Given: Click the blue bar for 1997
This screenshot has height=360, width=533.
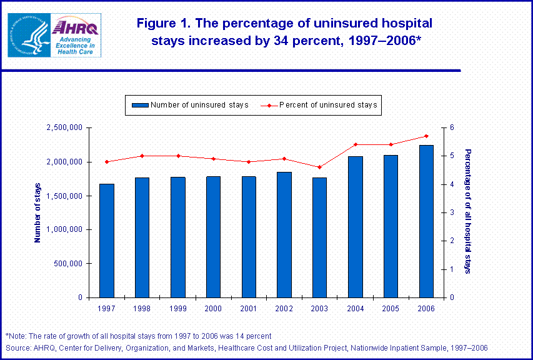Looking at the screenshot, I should pos(106,241).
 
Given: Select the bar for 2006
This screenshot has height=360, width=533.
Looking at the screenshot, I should pos(426,221).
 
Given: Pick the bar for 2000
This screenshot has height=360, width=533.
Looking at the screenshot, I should pos(213,237).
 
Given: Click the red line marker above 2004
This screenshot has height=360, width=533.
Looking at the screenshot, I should pos(355,144).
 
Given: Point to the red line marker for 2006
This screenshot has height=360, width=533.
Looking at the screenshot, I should pos(426,136).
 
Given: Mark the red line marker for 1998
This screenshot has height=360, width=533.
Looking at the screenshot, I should pos(142,156).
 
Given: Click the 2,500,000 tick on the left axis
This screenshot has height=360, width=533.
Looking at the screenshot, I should pos(64,128).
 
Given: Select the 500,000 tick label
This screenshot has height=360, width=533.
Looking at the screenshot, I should pos(67,264).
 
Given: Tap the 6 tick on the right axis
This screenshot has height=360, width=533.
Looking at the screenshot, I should pos(451,128).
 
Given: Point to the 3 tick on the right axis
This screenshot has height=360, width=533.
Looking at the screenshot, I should pos(451,213).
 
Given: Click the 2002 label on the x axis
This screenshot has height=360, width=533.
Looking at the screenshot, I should pos(284,308).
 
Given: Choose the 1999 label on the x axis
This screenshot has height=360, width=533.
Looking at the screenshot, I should pos(177,308).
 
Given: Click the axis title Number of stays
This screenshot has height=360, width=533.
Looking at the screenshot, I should pos(37,212).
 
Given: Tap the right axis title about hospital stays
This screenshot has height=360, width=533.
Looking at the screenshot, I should pos(468,211).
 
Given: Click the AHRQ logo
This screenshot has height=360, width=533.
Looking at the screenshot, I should pos(74,36).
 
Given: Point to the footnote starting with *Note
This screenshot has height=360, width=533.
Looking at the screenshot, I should pos(138,336).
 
